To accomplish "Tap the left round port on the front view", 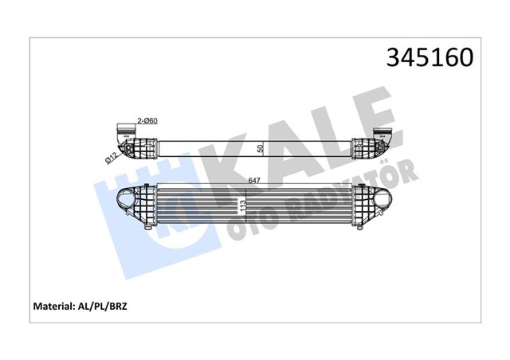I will point(125,198).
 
